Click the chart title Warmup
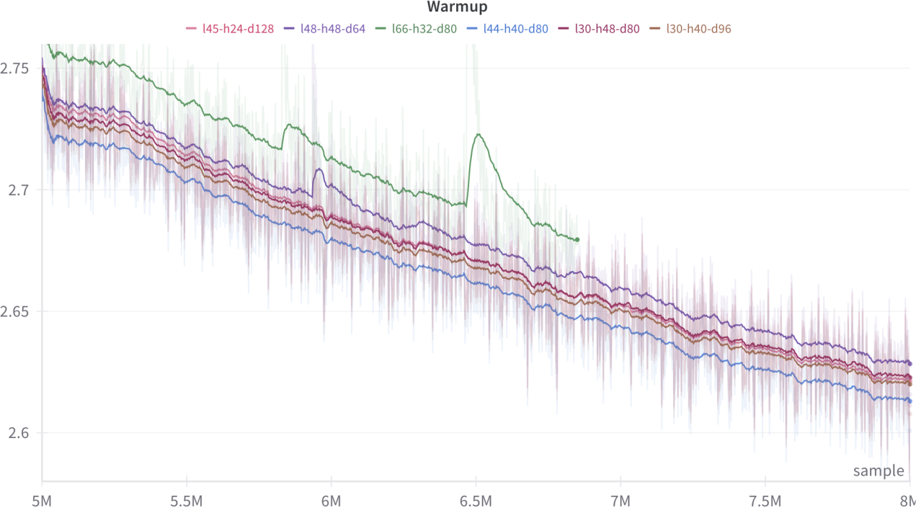click(x=457, y=7)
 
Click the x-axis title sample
click(x=879, y=471)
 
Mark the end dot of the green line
click(x=577, y=239)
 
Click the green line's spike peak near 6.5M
click(x=477, y=134)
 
